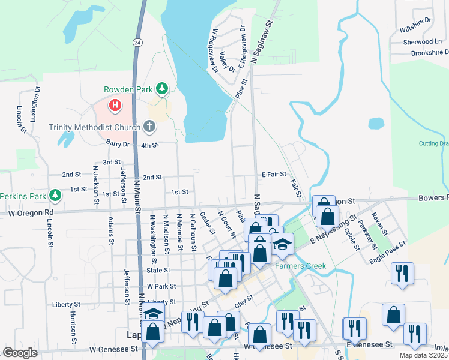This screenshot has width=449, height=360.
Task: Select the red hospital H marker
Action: pyautogui.click(x=115, y=106)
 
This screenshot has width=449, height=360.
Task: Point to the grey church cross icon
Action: pyautogui.click(x=149, y=127)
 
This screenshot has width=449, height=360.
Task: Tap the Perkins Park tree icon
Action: pyautogui.click(x=55, y=196)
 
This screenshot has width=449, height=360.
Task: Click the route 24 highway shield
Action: pyautogui.click(x=137, y=42)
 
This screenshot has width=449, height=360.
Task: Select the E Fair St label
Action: pyautogui.click(x=274, y=175)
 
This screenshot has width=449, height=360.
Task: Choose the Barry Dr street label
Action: pyautogui.click(x=118, y=144)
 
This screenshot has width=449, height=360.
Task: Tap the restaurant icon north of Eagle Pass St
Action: pyautogui.click(x=402, y=273)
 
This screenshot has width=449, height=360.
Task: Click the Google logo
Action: pyautogui.click(x=20, y=353)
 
